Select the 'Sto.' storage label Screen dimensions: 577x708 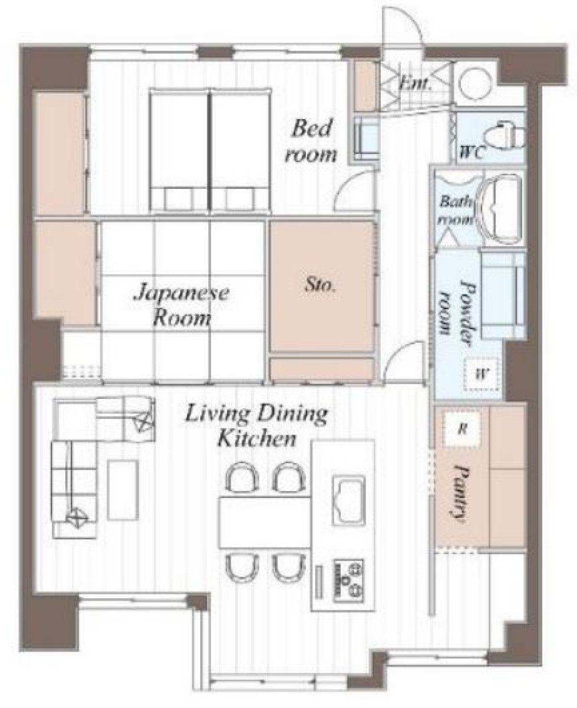(x=320, y=286)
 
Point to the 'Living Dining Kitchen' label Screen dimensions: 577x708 (x=256, y=425)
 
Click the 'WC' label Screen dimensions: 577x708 (x=472, y=153)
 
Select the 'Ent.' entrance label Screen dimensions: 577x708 (x=415, y=83)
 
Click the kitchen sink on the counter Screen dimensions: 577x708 (x=348, y=500)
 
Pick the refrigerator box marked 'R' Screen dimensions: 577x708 (x=461, y=429)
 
